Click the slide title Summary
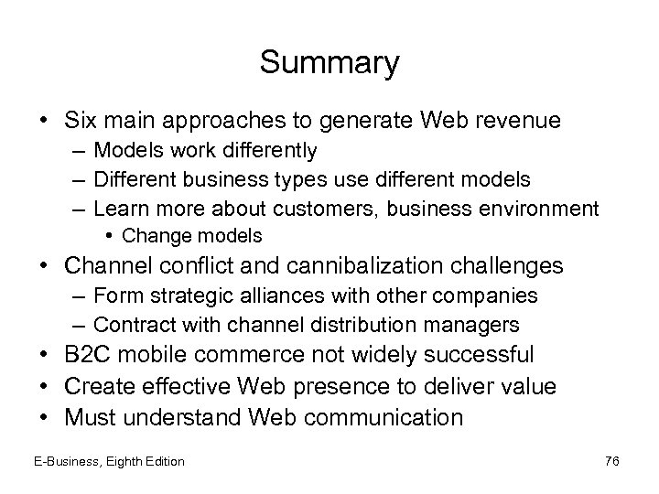pyautogui.click(x=329, y=63)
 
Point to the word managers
pyautogui.click(x=477, y=325)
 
